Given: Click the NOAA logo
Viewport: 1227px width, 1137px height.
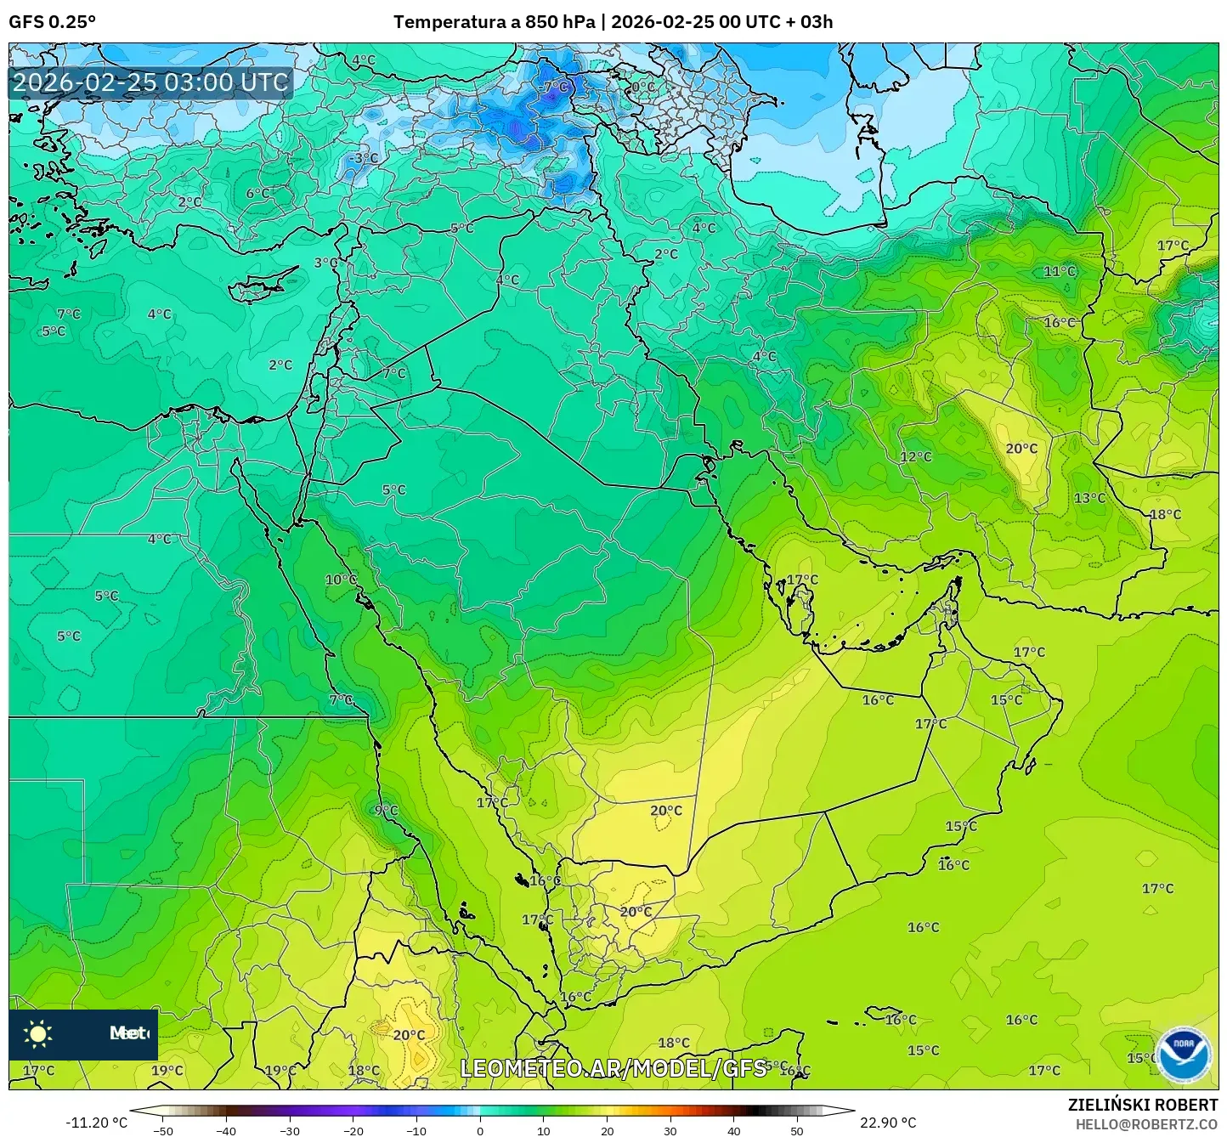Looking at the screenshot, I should point(1184,1054).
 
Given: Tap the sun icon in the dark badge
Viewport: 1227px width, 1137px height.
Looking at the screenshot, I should point(38,1033).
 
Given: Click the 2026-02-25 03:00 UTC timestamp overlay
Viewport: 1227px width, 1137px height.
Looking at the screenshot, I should point(150,82).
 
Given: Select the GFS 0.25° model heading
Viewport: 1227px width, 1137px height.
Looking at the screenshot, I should point(53,22).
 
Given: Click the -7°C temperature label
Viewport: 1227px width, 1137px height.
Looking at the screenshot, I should point(554,87).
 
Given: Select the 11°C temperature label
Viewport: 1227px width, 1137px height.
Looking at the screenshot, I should point(1060,271).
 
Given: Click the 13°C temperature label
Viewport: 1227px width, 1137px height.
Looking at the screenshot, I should point(1089,498).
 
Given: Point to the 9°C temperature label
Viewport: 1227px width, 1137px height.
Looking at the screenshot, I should point(386,810).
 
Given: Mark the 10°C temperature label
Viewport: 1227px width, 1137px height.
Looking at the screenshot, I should point(341,580).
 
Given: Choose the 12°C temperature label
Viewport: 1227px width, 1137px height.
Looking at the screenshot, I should point(916,456).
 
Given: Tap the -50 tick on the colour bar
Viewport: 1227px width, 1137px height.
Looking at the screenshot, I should point(162,1130).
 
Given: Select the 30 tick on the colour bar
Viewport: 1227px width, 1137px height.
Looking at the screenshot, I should point(670,1130).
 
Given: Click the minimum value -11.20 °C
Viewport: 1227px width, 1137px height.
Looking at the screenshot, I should point(96,1123).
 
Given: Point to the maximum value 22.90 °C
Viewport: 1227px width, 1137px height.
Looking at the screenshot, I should point(888,1123).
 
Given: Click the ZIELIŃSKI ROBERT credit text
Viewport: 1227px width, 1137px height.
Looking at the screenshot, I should point(1143,1105).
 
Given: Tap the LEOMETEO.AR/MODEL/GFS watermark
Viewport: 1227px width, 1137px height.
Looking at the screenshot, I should point(613,1068).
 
